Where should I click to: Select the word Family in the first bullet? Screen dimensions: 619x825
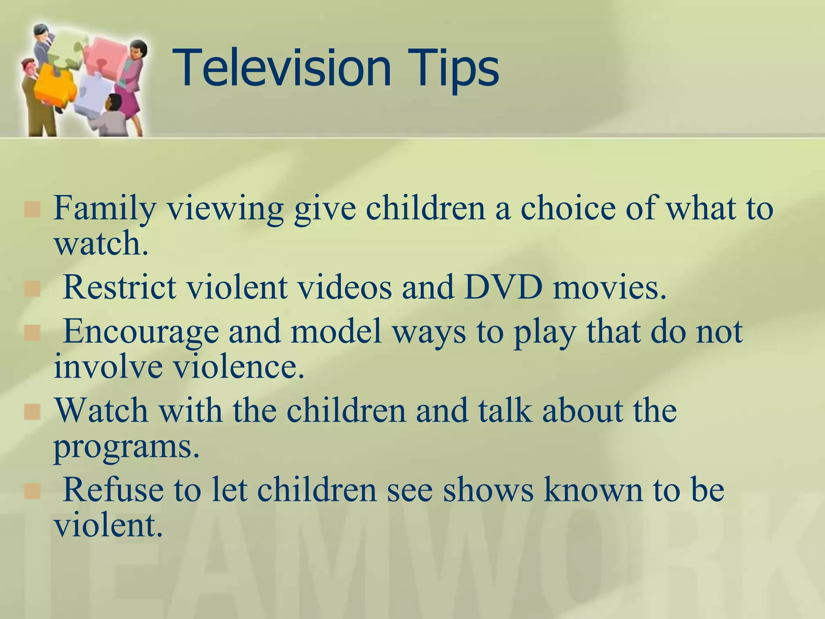[x=104, y=209]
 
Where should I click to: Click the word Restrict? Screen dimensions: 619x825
[x=120, y=288]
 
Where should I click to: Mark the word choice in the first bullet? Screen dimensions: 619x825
[x=568, y=208]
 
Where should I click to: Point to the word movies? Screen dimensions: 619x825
[x=609, y=288]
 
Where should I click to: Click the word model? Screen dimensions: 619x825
[x=336, y=331]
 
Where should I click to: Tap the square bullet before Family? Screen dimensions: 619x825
[x=32, y=210]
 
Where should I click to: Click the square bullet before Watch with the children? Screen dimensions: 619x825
[x=32, y=412]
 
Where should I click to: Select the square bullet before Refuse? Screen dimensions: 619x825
[x=32, y=491]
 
